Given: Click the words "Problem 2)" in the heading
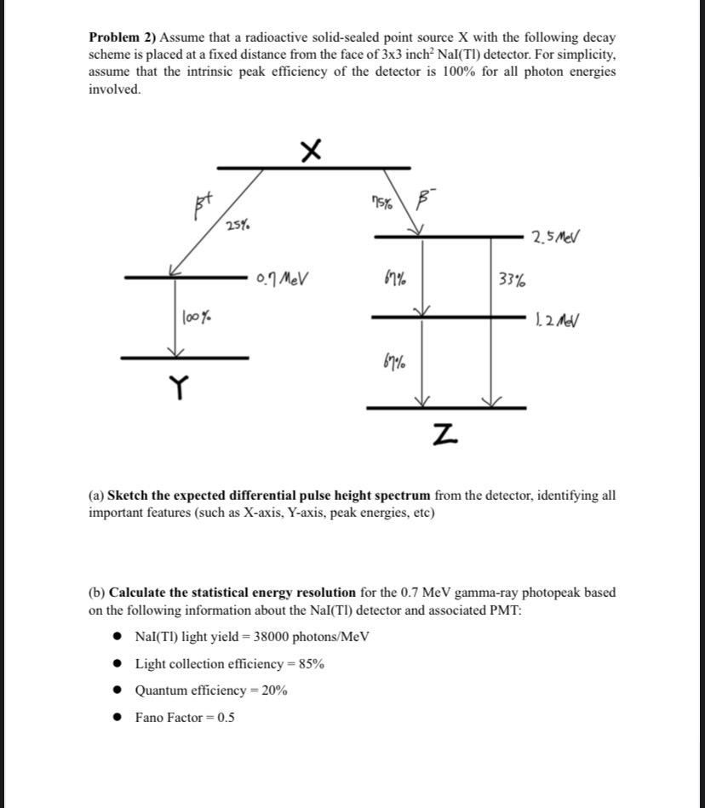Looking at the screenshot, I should pyautogui.click(x=122, y=38).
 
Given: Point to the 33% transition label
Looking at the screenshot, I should pyautogui.click(x=511, y=279).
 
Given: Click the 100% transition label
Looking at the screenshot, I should pyautogui.click(x=197, y=318).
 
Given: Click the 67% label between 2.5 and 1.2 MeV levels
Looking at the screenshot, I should pyautogui.click(x=395, y=278).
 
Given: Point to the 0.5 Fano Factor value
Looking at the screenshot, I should pyautogui.click(x=226, y=717).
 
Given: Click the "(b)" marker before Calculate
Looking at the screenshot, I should pyautogui.click(x=97, y=592).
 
